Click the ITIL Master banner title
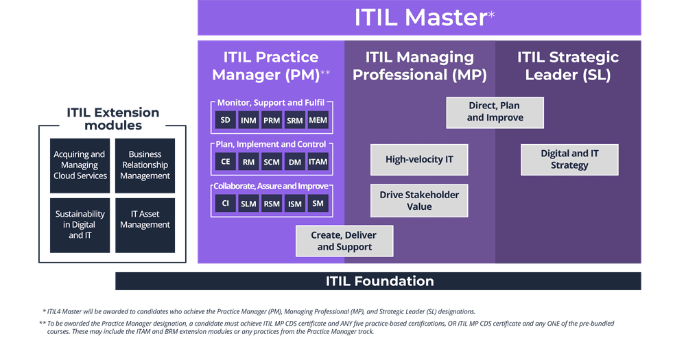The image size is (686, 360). (x=420, y=18)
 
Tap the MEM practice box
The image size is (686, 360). (x=318, y=121)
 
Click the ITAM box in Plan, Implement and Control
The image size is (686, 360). (x=318, y=162)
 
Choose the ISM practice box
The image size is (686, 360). (x=295, y=203)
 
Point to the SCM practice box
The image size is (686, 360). (x=272, y=162)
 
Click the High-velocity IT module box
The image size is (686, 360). (x=419, y=160)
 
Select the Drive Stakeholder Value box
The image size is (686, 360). (x=419, y=200)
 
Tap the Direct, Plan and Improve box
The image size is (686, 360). (x=495, y=112)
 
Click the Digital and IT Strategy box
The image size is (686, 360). (x=569, y=159)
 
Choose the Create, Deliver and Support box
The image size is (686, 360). (x=344, y=241)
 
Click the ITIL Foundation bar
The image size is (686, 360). (x=379, y=281)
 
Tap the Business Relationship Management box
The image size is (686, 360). (x=145, y=165)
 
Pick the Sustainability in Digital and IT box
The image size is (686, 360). (x=80, y=225)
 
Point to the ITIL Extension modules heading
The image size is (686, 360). (x=113, y=119)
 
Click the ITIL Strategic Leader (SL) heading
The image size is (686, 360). (x=568, y=66)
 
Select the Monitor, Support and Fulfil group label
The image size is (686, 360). (x=271, y=103)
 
